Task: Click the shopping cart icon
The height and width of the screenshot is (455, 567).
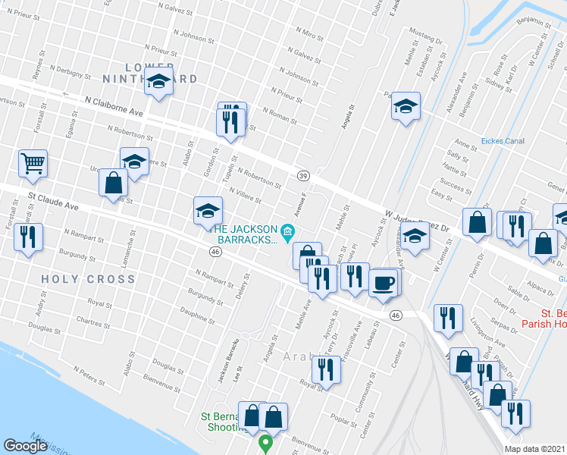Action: (x=33, y=162)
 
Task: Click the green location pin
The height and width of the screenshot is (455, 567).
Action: (x=265, y=442)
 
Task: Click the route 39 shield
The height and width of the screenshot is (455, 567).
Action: (x=302, y=176)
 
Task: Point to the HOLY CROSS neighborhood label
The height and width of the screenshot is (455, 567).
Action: (x=89, y=279)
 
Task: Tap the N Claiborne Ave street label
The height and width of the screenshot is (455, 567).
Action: (x=114, y=105)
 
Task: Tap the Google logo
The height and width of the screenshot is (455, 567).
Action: (x=26, y=445)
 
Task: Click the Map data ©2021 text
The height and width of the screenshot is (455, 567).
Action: (x=534, y=449)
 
